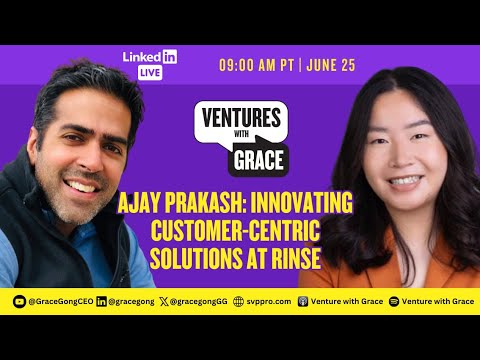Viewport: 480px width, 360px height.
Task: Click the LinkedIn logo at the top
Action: pyautogui.click(x=150, y=57)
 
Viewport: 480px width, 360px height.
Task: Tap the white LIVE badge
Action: pyautogui.click(x=151, y=72)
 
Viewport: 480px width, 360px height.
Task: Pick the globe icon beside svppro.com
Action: pyautogui.click(x=238, y=300)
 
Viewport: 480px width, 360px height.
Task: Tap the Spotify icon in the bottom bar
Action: pyautogui.click(x=393, y=300)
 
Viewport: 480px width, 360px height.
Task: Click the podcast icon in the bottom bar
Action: pyautogui.click(x=303, y=300)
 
